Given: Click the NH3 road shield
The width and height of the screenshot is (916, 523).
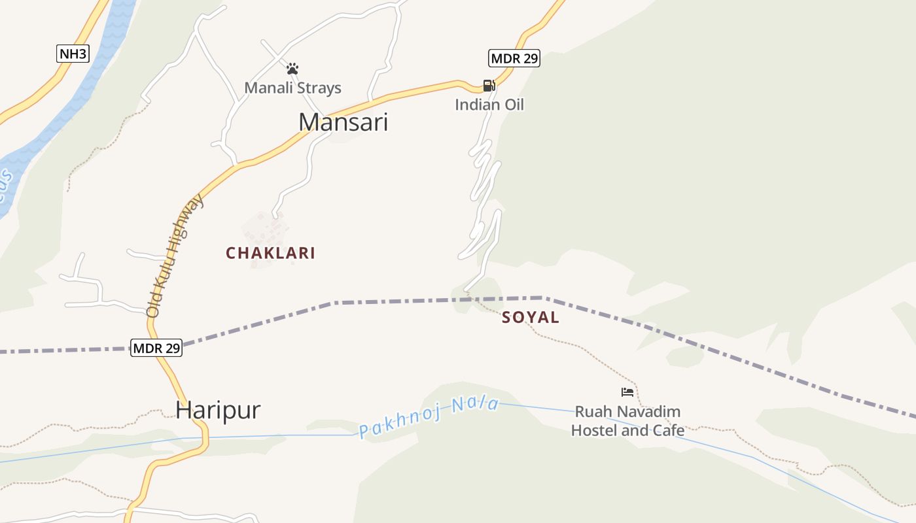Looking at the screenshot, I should coord(72,54).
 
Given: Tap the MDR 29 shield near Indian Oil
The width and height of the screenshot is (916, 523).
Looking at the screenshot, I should coord(514,58).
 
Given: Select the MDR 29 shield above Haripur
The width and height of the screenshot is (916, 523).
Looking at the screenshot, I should coord(156,348).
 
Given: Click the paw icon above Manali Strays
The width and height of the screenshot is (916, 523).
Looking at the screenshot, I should coord(292,69).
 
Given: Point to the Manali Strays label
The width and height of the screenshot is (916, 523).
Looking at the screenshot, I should coord(292,88).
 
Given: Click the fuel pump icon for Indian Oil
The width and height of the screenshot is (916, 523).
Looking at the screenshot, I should coord(489,86).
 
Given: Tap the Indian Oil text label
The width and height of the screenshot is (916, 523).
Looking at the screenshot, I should coord(489,105).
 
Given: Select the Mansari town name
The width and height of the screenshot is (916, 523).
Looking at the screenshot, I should coord(343,122).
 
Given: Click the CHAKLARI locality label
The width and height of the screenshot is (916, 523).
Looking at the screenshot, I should coord(270,253).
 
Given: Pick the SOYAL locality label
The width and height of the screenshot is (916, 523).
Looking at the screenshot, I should coord(531,318).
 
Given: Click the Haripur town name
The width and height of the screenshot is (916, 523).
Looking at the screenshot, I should coord(218,410).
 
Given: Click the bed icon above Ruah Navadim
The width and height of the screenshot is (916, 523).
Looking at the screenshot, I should coord(627,392).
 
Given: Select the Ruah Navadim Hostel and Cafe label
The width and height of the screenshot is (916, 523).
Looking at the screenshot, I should coord(627,421).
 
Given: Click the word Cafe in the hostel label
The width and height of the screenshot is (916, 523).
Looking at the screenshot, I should coord(667,430).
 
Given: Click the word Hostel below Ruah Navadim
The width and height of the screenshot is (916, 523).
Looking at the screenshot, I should coord(593,430).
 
